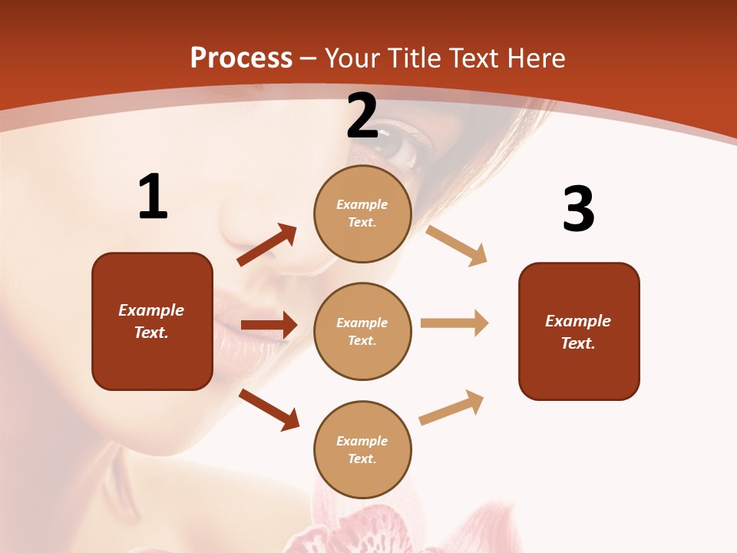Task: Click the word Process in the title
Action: [x=241, y=58]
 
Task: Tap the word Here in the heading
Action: [x=534, y=58]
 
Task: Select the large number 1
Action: [x=153, y=197]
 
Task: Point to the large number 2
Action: [x=362, y=116]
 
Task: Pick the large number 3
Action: [x=578, y=209]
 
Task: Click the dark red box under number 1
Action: [x=152, y=321]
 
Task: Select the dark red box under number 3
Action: [x=579, y=331]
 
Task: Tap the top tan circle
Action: [x=362, y=214]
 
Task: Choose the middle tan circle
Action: [x=362, y=331]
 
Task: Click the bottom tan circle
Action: [x=362, y=449]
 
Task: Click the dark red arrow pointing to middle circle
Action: [x=269, y=325]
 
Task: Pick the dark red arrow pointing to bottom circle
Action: [x=269, y=409]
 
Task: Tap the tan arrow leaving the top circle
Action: [x=457, y=245]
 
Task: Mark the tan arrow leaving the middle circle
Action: [x=454, y=323]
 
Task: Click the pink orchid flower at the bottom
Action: [x=353, y=530]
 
